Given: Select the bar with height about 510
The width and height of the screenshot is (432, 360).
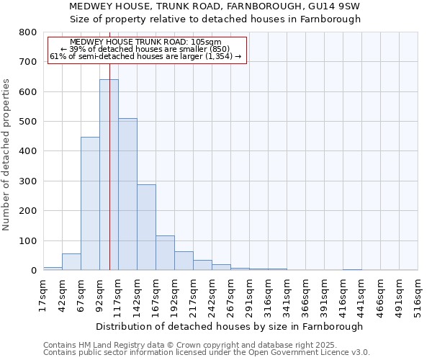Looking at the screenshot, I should point(127,194).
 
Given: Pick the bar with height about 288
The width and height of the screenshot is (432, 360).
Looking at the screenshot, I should point(146,228).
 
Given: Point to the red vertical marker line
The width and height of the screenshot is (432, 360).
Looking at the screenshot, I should point(109,144).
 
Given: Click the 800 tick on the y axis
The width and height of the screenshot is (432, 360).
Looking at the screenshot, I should point(27,32).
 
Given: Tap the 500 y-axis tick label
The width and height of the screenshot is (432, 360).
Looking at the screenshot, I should point(27,122).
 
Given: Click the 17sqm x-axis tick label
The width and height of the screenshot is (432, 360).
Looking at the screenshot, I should point(43,294).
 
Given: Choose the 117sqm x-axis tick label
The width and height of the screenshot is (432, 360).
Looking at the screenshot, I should point(118,294).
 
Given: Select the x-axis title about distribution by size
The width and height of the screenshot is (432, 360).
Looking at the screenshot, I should point(230,326).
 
